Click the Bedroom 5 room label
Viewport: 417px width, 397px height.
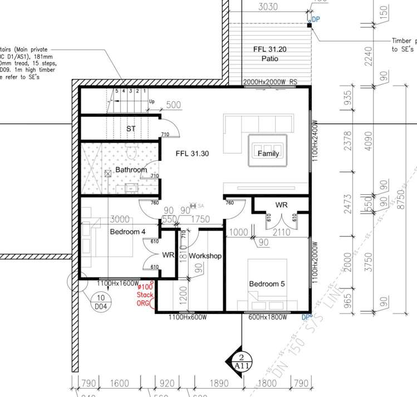pos(267,284)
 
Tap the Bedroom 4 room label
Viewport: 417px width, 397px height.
pos(127,232)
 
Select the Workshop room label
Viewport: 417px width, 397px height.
pos(205,256)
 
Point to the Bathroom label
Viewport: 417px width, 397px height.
pos(131,170)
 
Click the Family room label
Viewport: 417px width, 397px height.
pos(268,154)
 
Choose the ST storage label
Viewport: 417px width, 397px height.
pos(131,129)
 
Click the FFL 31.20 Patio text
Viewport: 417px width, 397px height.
pos(269,53)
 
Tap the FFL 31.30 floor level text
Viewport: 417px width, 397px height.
pos(192,154)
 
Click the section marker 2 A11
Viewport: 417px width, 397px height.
pos(241,362)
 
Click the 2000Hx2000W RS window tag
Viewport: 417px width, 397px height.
pos(271,82)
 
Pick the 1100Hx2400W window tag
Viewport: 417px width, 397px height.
pos(315,141)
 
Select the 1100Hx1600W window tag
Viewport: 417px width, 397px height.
pos(118,283)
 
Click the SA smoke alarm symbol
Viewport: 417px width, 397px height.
pos(196,205)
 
